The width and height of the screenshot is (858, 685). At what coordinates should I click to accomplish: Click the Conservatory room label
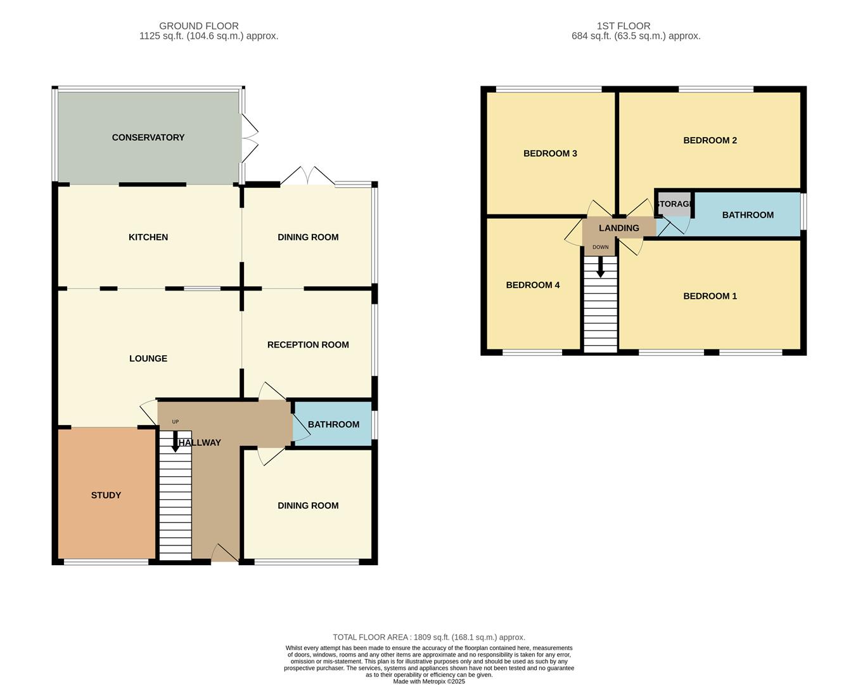(x=148, y=138)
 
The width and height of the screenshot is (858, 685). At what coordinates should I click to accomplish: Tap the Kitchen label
(x=148, y=237)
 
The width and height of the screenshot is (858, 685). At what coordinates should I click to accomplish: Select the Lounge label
(x=148, y=358)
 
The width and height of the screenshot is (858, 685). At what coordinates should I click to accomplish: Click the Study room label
(x=106, y=495)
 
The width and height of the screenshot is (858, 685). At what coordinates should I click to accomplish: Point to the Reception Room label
(x=308, y=345)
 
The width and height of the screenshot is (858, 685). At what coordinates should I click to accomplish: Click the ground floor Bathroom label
(x=333, y=424)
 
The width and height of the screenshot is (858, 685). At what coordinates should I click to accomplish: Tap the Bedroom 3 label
(x=550, y=153)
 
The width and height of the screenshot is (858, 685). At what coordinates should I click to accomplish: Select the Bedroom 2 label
(x=710, y=140)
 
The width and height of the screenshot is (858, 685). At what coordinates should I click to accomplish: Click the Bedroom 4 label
(x=532, y=285)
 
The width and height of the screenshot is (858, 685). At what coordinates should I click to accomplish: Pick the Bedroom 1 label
(x=710, y=296)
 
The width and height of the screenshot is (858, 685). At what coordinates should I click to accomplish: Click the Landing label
(x=618, y=228)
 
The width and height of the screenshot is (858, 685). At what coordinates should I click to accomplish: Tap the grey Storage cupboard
(x=674, y=204)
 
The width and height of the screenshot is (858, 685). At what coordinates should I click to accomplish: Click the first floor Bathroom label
(x=748, y=215)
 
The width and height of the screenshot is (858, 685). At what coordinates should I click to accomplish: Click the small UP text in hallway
(x=176, y=422)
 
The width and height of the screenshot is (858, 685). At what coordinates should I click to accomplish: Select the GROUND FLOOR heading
(x=198, y=26)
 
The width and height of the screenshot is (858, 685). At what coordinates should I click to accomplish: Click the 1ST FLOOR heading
(x=623, y=26)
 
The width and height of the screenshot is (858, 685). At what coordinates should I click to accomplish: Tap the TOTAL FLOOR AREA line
(x=428, y=637)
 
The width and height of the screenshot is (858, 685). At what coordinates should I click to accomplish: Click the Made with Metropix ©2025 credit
(x=428, y=682)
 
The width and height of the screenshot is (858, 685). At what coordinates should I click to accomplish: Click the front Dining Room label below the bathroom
(x=308, y=506)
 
